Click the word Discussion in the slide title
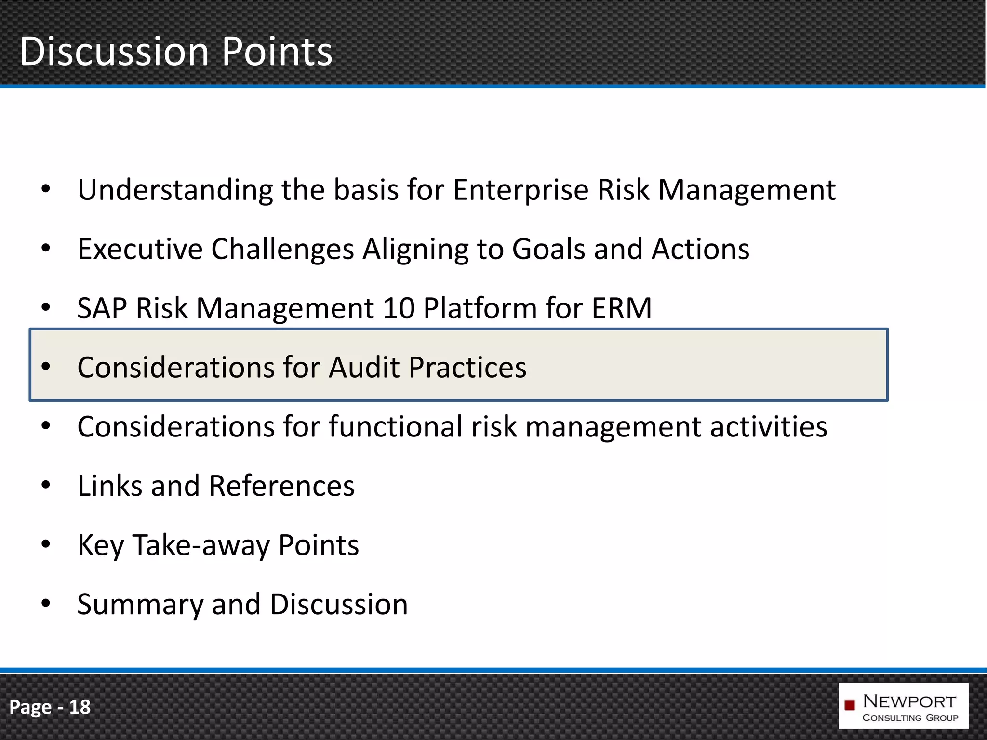pyautogui.click(x=114, y=52)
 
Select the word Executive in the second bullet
pyautogui.click(x=140, y=250)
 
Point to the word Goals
pyautogui.click(x=548, y=250)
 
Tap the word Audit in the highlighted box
pyautogui.click(x=364, y=368)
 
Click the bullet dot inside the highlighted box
pyautogui.click(x=46, y=367)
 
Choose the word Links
pyautogui.click(x=110, y=486)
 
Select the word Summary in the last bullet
pyautogui.click(x=140, y=605)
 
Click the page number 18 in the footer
pyautogui.click(x=80, y=707)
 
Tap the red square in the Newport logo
pyautogui.click(x=850, y=705)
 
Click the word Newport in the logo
pyautogui.click(x=909, y=701)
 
